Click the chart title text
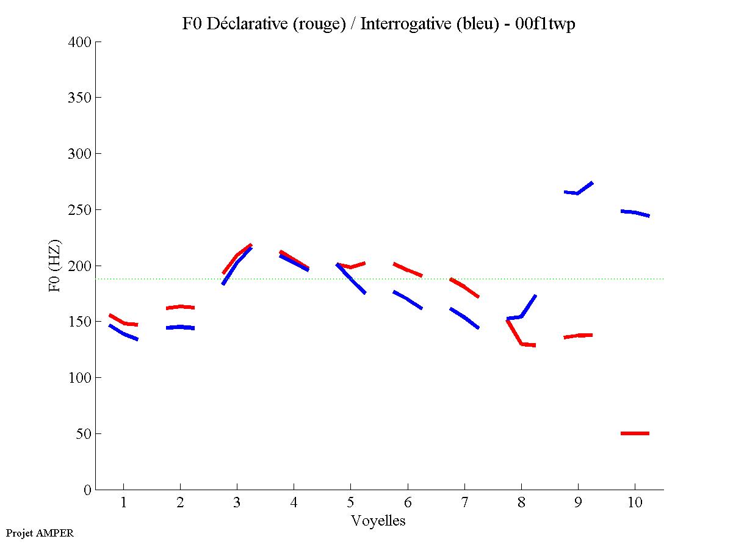click(x=378, y=24)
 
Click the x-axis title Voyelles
click(x=378, y=521)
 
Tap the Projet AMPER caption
click(x=40, y=533)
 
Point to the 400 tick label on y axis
click(x=80, y=42)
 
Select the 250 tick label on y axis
click(x=80, y=210)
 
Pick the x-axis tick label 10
click(x=635, y=504)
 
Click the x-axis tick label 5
click(x=350, y=504)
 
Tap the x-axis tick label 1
click(x=124, y=504)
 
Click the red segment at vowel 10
click(x=635, y=433)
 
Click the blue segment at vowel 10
click(x=635, y=212)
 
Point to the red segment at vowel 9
click(x=577, y=336)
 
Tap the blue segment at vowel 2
click(x=180, y=327)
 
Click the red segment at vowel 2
click(x=180, y=307)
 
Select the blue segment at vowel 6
click(x=407, y=299)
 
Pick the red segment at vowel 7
click(x=464, y=286)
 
